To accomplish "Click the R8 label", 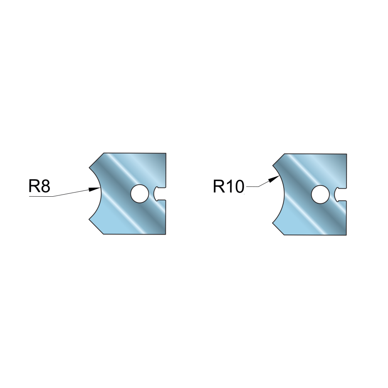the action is point(40,186).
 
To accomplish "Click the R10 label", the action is point(229,186).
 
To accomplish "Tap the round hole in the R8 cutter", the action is point(140,194).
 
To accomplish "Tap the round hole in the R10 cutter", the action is point(321,195).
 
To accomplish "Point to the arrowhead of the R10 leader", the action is point(274,179).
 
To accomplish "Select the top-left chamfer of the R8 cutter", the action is point(96,161).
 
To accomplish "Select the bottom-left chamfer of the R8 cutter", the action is point(96,226).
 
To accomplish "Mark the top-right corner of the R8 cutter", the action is point(166,153).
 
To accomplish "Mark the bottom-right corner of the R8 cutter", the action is point(166,234).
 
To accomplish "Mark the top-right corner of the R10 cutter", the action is point(346,154).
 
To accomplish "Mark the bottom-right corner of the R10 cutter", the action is point(346,235).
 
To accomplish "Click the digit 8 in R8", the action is point(45,186).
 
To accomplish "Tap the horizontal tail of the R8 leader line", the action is point(41,196).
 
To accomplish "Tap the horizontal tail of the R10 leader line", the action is point(252,187).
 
